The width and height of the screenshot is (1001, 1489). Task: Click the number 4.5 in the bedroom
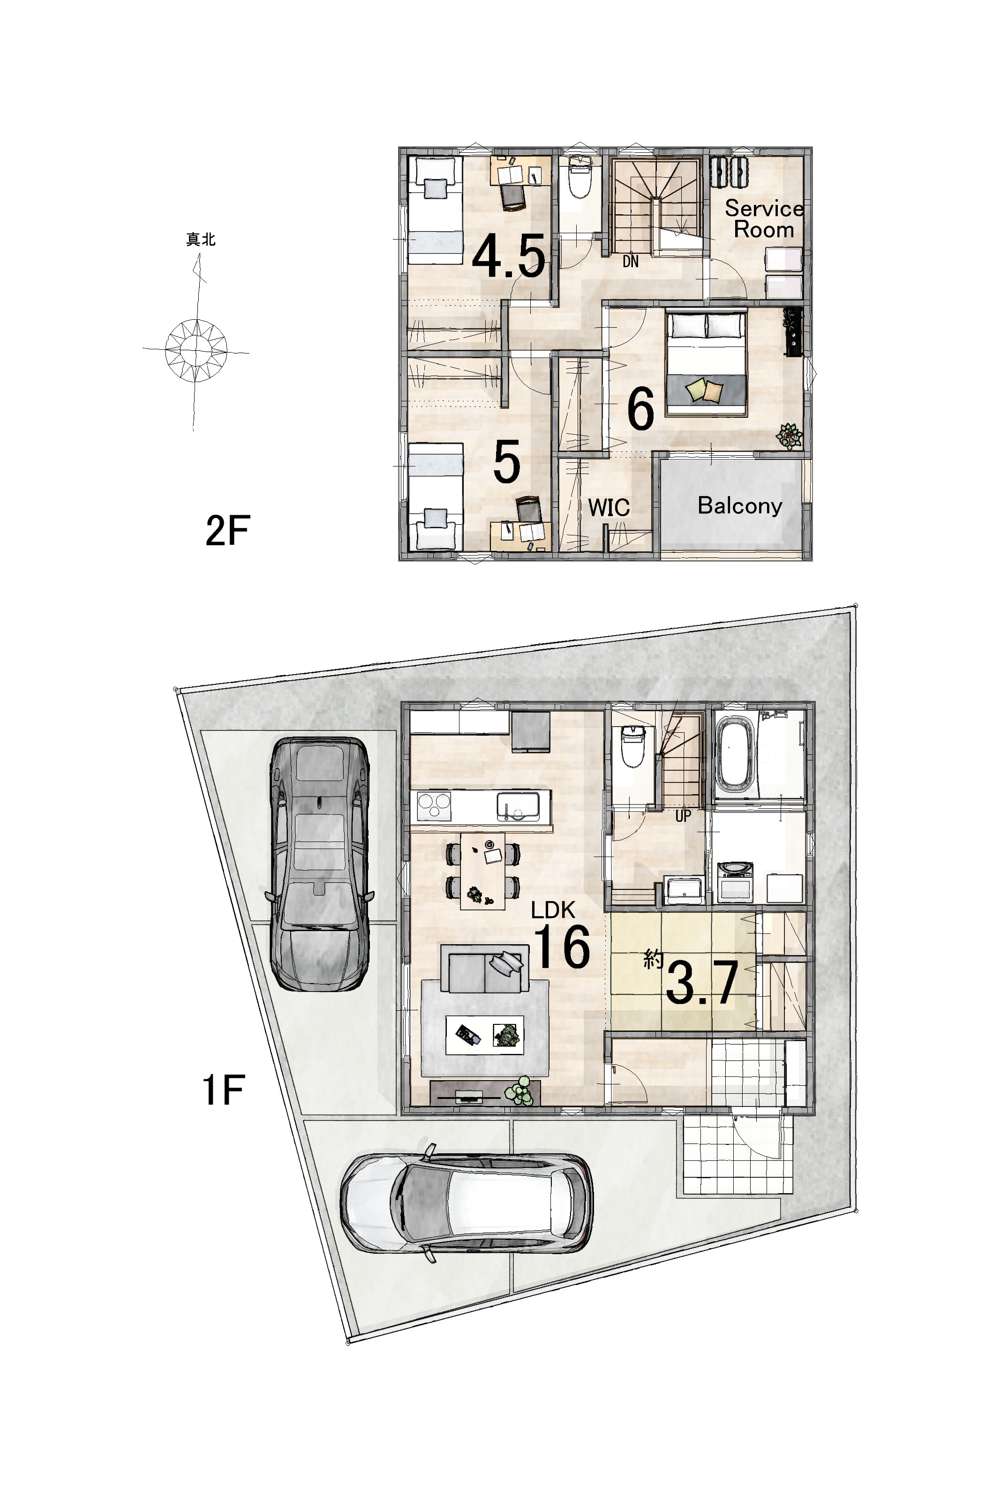pyautogui.click(x=509, y=256)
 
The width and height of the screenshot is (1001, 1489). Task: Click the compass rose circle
pyautogui.click(x=196, y=350)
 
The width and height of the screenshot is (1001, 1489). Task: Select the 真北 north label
pyautogui.click(x=201, y=240)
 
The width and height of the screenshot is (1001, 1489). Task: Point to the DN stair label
pyautogui.click(x=630, y=261)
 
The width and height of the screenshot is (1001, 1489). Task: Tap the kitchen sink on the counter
pyautogui.click(x=518, y=806)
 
